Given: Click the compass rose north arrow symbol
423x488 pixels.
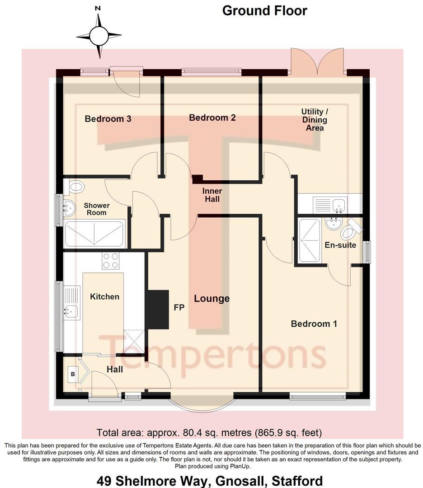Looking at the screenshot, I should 99,35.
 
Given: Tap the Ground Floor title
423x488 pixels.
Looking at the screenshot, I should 264,10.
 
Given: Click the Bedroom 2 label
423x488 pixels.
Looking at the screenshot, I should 212,117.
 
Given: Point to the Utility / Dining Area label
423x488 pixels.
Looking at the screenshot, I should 315,119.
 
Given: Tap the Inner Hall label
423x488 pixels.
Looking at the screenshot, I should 212,195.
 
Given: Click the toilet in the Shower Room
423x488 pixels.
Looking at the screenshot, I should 75,186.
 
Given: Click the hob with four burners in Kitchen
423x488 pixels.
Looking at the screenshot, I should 111,261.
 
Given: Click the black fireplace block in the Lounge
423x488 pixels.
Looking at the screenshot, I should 157,309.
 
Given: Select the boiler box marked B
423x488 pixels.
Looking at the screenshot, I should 72,374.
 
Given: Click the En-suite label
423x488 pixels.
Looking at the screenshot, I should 340,245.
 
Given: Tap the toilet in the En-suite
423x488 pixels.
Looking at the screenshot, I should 349,232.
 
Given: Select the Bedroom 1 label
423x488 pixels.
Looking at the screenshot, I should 314,324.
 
